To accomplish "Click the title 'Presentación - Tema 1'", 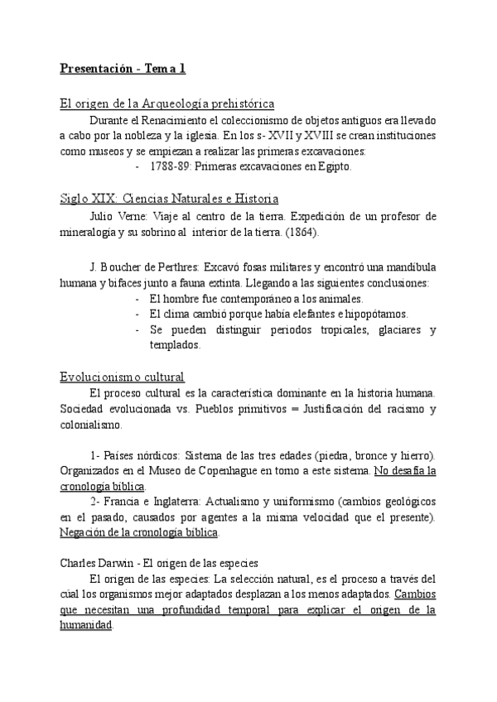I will [x=123, y=69].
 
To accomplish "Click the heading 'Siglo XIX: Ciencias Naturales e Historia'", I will [x=169, y=200].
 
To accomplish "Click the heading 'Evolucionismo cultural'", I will [x=122, y=376].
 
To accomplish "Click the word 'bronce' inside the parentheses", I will [x=354, y=455].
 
